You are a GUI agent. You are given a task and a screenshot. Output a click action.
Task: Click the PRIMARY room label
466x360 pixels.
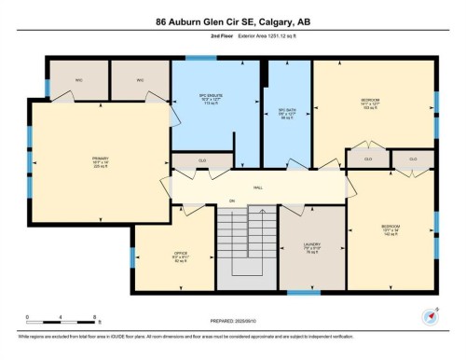point(75,158)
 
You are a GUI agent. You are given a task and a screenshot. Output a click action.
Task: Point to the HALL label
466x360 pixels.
point(258,187)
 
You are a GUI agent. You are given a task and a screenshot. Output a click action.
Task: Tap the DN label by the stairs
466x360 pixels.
point(232,201)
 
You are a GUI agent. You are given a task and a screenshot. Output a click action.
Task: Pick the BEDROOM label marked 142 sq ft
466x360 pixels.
point(391,227)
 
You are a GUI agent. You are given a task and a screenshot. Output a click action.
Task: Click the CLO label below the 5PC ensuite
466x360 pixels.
point(201,161)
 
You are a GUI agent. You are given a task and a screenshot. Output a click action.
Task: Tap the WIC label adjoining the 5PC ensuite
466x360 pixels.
point(140,80)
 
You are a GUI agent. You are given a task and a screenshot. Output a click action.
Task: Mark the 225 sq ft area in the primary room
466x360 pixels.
point(75,168)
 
